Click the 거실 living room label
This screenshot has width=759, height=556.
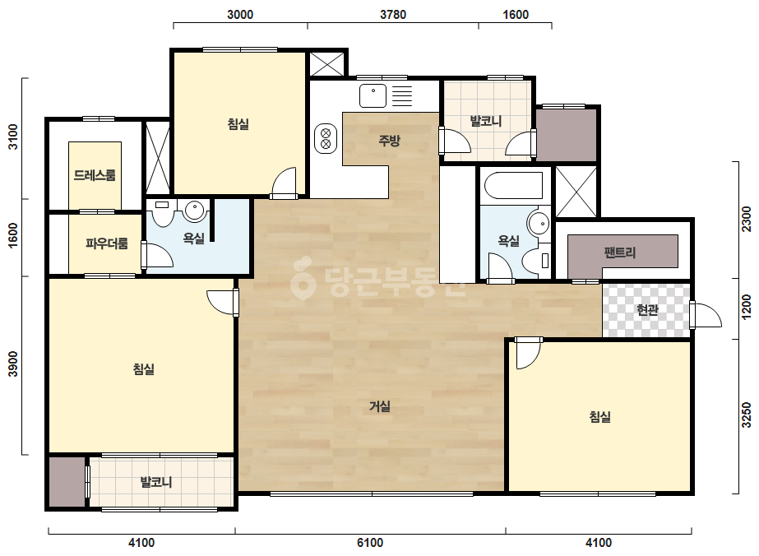click(380, 406)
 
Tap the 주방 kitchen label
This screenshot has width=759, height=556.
click(389, 141)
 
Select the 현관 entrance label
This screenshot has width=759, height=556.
click(647, 309)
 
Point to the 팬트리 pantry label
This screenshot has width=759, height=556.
click(619, 252)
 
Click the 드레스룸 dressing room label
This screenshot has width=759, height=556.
click(95, 175)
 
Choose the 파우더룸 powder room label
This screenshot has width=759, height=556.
click(107, 243)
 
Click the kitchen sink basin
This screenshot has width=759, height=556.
click(373, 95)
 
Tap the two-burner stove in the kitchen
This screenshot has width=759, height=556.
click(326, 138)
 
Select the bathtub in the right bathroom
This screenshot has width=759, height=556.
click(514, 185)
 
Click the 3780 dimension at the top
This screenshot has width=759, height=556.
click(392, 15)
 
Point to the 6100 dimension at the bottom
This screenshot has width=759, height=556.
click(369, 543)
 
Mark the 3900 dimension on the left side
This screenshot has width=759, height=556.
click(13, 364)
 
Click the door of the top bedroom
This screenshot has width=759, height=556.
click(284, 183)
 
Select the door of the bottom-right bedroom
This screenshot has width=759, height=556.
click(528, 354)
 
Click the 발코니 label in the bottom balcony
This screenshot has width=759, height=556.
click(156, 482)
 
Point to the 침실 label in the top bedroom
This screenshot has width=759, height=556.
click(238, 124)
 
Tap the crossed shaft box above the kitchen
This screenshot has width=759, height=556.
click(326, 64)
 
